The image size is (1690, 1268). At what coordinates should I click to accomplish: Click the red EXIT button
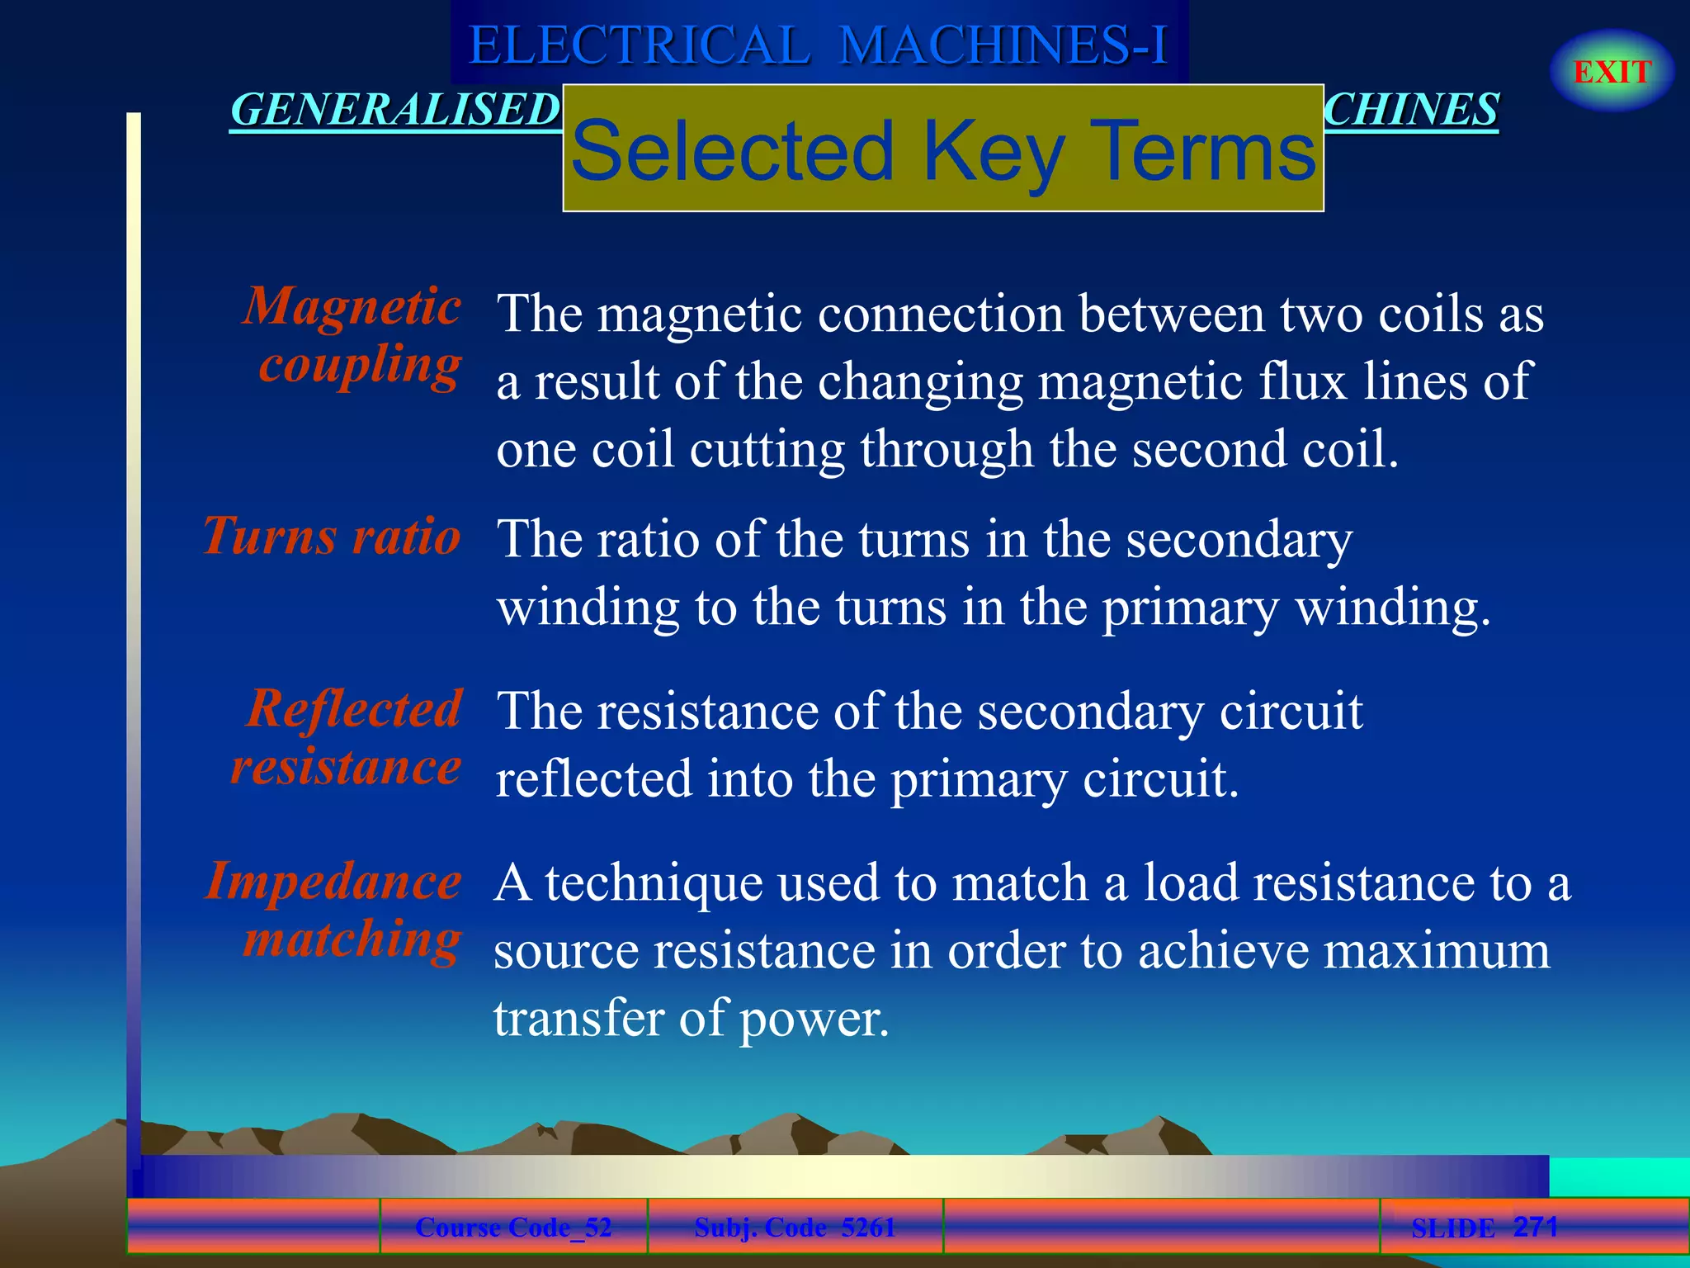1612,72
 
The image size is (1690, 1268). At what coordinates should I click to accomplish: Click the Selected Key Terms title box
943,149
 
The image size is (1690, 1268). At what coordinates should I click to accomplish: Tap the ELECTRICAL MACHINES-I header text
818,45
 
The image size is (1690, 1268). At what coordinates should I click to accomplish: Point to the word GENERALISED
394,110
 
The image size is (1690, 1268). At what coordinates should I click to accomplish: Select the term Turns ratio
332,537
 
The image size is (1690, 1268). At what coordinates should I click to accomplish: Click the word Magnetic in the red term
352,307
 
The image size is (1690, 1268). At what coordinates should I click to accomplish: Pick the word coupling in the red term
360,365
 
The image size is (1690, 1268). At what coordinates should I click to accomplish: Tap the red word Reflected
354,709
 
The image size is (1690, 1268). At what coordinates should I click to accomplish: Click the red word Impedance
333,882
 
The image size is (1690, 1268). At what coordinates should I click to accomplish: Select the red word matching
352,939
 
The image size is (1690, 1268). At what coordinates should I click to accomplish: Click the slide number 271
1535,1227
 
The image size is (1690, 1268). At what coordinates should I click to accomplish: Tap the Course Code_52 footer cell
513,1228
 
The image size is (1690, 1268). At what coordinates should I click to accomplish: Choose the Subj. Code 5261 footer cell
795,1228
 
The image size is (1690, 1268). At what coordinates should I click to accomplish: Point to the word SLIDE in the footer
1452,1228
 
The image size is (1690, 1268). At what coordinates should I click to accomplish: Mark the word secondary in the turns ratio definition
1239,541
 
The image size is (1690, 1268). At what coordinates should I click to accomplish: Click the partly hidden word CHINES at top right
1412,110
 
